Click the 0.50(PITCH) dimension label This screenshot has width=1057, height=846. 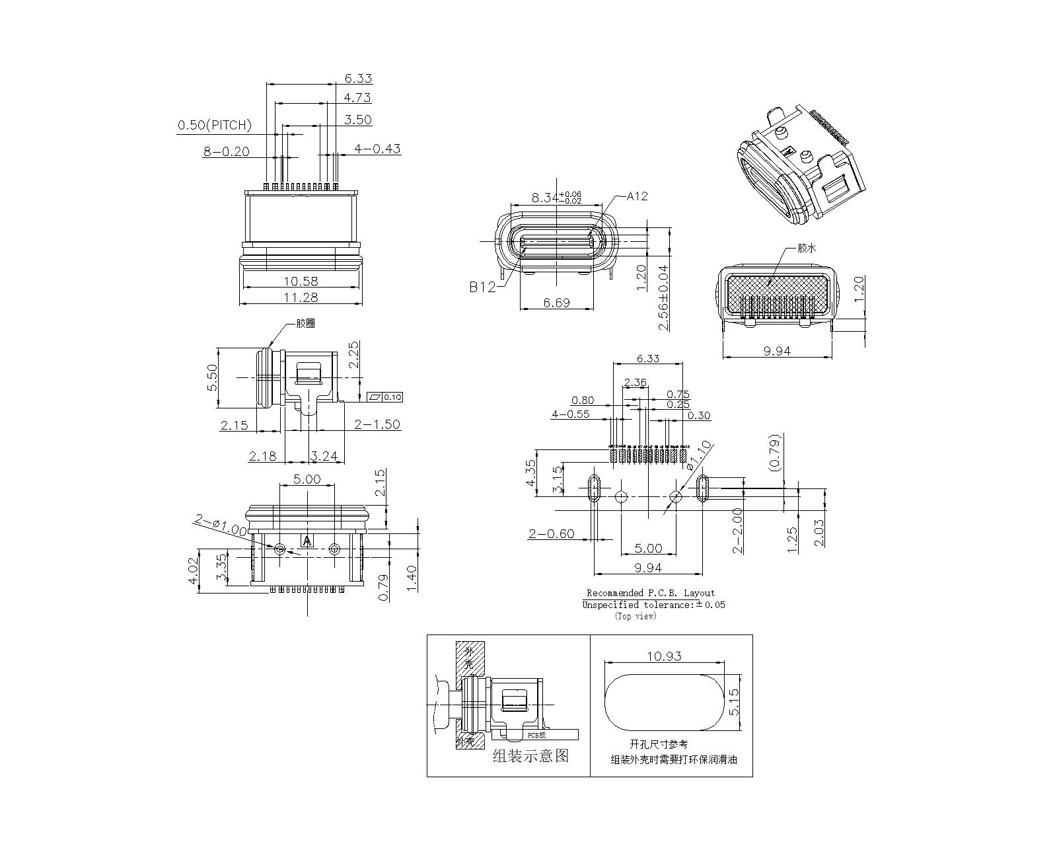215,125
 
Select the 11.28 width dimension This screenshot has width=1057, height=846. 301,297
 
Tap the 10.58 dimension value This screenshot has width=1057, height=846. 301,281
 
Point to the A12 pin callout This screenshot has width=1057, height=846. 638,196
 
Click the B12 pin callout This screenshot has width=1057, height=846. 482,287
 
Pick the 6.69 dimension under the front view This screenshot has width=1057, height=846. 556,303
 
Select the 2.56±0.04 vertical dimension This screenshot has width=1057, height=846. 663,297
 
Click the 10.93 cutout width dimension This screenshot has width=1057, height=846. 664,656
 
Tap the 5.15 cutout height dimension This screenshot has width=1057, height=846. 733,702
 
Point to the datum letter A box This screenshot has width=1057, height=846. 307,541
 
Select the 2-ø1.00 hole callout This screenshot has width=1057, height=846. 220,525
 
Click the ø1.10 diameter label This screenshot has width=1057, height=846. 700,454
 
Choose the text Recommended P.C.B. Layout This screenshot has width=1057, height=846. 651,593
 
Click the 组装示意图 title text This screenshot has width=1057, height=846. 530,755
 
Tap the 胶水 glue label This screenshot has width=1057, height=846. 807,248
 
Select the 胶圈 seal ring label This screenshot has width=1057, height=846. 305,323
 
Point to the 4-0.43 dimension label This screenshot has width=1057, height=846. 377,149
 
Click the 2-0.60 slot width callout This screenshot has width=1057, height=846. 551,533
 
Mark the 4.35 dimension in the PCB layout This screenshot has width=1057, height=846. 530,474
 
